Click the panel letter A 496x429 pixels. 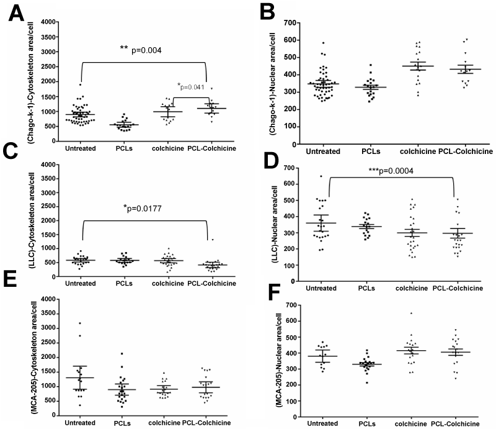click(x=17, y=14)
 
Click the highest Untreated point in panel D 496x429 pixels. click(x=321, y=176)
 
